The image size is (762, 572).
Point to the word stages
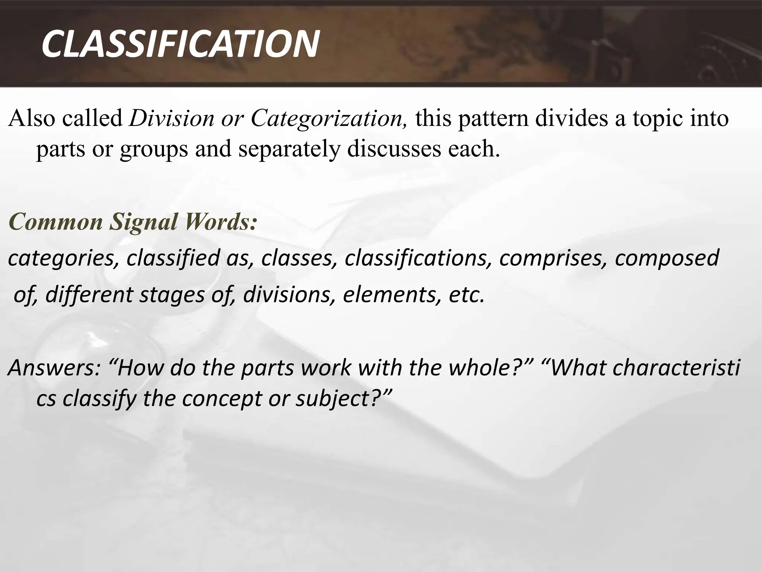tap(172, 295)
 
